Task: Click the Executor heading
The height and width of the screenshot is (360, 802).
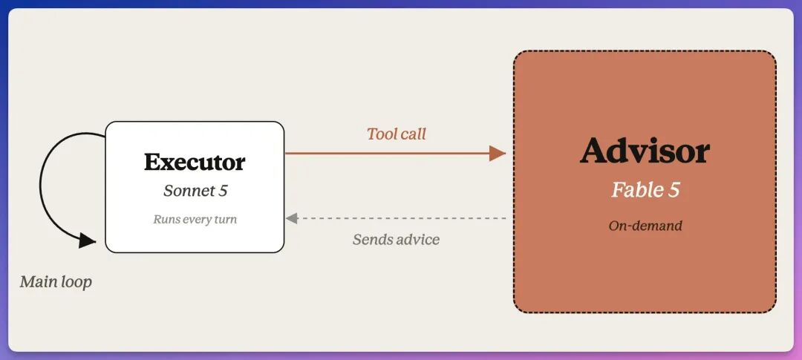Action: (x=195, y=162)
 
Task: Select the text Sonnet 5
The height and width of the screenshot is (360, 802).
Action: (x=195, y=191)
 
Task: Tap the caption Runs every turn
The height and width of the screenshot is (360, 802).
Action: (x=195, y=220)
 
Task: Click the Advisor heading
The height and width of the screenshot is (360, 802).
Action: (x=645, y=151)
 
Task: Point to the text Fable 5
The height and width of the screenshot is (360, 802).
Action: (x=645, y=190)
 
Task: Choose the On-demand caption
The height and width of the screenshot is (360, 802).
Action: (x=645, y=226)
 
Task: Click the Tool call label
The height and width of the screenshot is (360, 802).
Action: (x=397, y=134)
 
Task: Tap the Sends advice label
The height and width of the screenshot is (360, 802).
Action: (x=396, y=239)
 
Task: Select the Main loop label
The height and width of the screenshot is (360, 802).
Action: (x=56, y=281)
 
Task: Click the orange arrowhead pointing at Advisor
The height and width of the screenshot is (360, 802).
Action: (x=497, y=153)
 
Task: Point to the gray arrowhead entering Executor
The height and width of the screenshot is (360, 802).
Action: (x=292, y=218)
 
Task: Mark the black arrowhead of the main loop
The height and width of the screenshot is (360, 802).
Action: (x=87, y=240)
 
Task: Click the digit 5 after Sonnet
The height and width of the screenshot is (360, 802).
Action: (x=223, y=192)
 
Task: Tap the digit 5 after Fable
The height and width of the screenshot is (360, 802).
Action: (x=674, y=190)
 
